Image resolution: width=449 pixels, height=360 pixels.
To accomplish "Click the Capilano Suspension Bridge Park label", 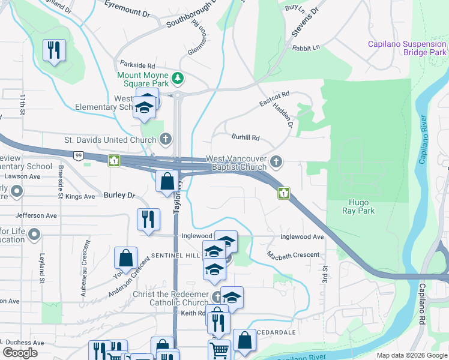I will (408, 48).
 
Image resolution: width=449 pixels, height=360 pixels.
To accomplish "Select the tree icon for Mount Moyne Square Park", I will (178, 78).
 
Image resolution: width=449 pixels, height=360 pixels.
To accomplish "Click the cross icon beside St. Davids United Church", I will (167, 140).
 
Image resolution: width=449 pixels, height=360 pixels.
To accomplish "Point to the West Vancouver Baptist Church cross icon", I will (276, 161).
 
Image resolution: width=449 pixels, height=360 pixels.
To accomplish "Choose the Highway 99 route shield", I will (79, 155).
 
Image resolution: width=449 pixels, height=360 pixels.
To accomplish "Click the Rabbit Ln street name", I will (307, 47).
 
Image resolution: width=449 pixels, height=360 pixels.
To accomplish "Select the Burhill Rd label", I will (246, 137).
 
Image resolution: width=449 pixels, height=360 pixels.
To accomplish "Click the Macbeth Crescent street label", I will (294, 255).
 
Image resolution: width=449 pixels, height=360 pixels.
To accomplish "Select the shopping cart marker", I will (220, 349).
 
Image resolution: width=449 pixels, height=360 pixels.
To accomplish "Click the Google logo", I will (20, 353).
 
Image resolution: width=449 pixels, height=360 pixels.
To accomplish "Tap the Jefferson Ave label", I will (36, 215).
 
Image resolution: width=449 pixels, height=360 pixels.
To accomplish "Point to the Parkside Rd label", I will (137, 65).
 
